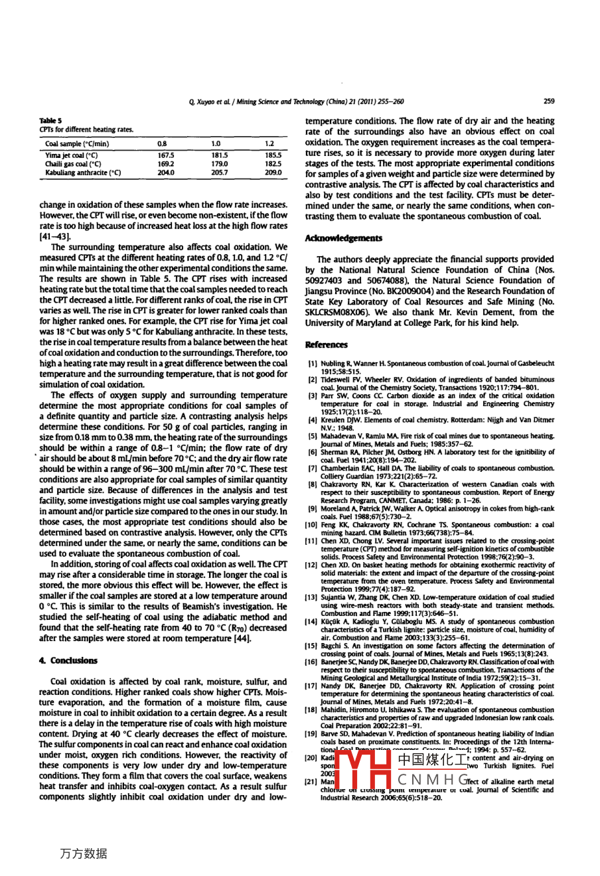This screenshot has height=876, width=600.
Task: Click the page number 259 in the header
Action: [548, 102]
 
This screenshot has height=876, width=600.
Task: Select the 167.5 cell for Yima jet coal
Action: [165, 155]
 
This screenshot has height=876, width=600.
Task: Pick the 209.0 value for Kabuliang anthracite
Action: [273, 173]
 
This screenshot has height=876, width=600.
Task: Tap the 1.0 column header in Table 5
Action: [215, 143]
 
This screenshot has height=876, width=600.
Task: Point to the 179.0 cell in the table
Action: [219, 164]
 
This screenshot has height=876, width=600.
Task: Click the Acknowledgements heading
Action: [343, 238]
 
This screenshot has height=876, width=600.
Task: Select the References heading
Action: [326, 344]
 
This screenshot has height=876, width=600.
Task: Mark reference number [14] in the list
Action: [311, 622]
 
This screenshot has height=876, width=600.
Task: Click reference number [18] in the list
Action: [311, 709]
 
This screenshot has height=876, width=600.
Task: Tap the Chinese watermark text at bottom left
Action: [83, 853]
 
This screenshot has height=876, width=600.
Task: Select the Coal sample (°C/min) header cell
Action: [77, 143]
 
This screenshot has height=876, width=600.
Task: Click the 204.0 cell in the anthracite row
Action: [165, 173]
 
